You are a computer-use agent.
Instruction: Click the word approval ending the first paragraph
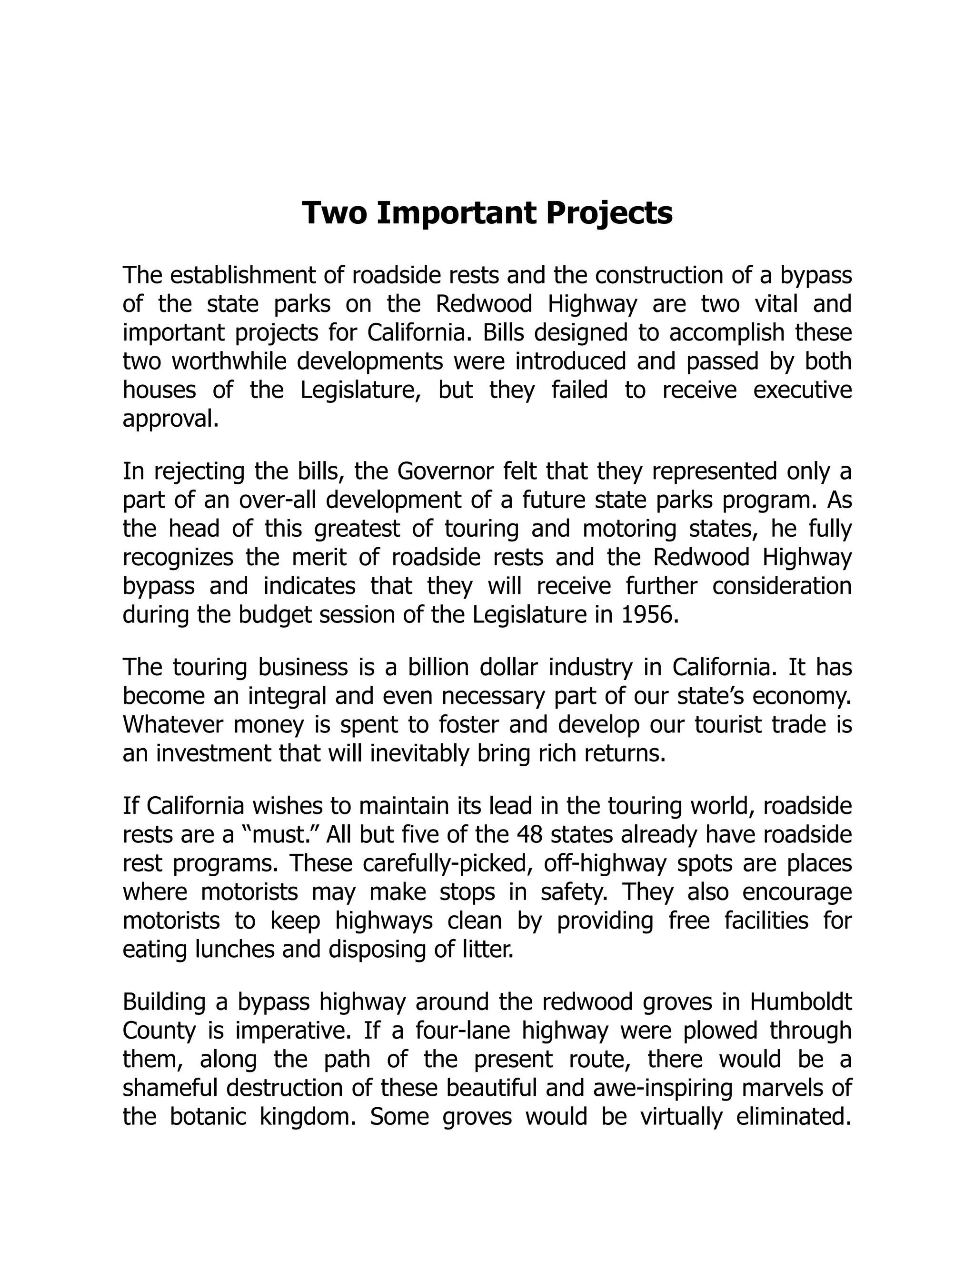170,419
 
